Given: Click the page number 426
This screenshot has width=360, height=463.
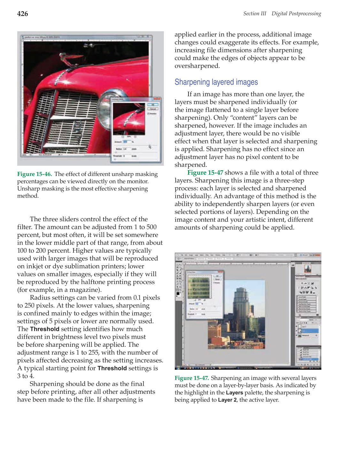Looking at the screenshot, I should point(23,14).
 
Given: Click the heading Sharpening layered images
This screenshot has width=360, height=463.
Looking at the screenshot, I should point(216,82).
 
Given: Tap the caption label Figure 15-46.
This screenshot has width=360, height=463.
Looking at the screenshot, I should point(34,174).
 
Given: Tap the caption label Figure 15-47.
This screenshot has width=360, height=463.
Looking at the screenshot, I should point(192,378).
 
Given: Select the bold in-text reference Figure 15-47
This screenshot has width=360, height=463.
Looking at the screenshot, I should point(205,173).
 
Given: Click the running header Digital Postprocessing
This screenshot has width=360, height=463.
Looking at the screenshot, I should point(296,14).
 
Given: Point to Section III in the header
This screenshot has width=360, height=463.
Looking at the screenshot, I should point(255,14).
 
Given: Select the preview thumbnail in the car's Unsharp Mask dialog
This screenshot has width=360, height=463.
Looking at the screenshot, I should point(129,119).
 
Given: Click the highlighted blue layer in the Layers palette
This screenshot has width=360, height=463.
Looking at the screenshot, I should point(308,331).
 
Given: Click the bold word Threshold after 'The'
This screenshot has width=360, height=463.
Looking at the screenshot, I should point(45,329).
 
